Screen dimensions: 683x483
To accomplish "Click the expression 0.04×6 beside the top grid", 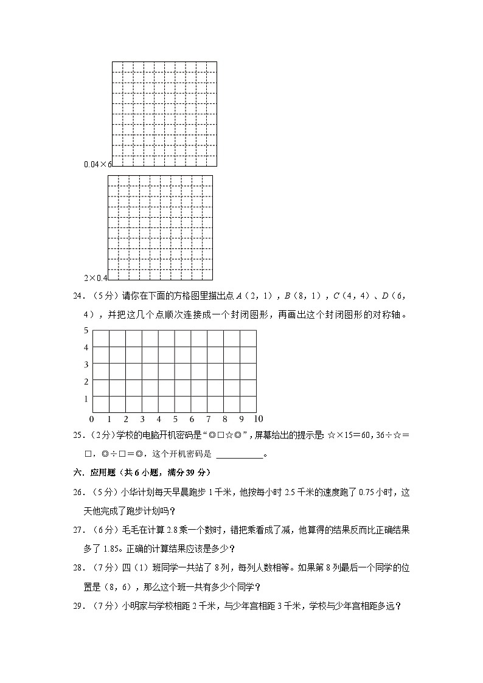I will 98,164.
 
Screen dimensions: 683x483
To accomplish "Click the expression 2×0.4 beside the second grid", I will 96,278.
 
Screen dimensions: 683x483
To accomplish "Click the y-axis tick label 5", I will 86,330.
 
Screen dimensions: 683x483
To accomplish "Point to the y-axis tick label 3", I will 86,364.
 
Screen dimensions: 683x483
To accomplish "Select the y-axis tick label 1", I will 86,398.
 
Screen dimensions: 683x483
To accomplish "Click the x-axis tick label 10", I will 258,419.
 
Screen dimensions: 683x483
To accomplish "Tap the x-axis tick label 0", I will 92,419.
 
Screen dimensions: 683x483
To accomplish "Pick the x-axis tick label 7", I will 208,419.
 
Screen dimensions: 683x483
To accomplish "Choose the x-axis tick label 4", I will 159,419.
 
